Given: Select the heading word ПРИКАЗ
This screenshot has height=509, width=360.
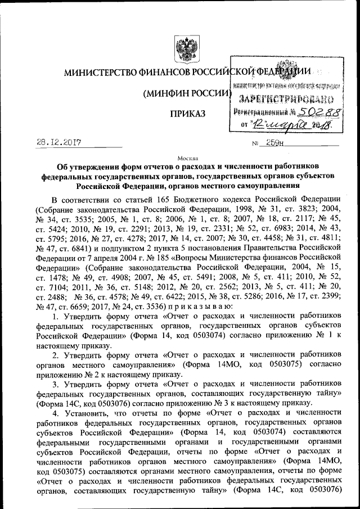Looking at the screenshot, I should (188, 114).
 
